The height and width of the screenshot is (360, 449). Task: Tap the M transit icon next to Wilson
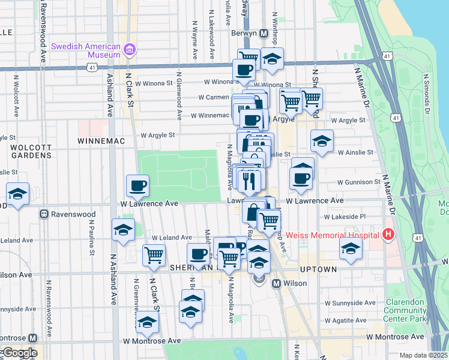pyautogui.click(x=277, y=283)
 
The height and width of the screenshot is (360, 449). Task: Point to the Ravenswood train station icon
pyautogui.click(x=44, y=214)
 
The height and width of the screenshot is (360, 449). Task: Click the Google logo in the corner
pyautogui.click(x=20, y=353)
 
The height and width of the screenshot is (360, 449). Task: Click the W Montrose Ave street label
pyautogui.click(x=152, y=341)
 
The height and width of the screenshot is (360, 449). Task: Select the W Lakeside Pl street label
pyautogui.click(x=345, y=217)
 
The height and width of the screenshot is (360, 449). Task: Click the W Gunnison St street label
pyautogui.click(x=358, y=182)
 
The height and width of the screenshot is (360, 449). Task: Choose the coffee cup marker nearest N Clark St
pyautogui.click(x=137, y=185)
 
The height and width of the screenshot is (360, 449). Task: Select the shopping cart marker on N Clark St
pyautogui.click(x=154, y=254)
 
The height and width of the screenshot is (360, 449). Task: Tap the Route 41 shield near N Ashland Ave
pyautogui.click(x=92, y=68)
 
